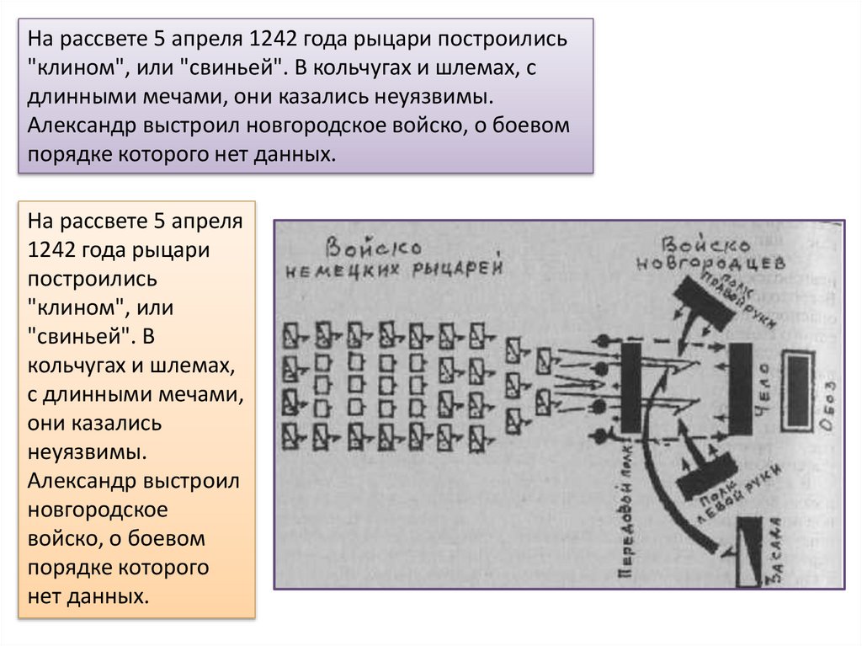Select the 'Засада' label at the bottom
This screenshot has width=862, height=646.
(x=774, y=552)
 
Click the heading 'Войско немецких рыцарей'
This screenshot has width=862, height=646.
(x=395, y=257)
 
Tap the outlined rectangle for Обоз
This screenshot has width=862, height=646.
(x=798, y=383)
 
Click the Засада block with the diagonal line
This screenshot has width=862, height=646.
(x=747, y=552)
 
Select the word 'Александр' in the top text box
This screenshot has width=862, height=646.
(x=74, y=126)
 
